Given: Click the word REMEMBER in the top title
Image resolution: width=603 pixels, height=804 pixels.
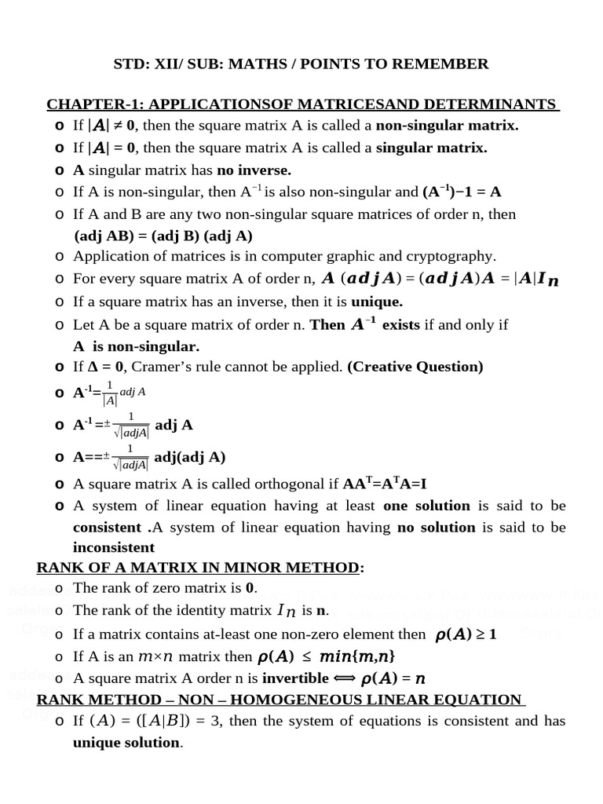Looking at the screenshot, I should click(x=443, y=64).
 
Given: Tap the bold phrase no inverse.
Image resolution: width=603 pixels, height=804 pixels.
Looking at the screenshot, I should click(x=254, y=170).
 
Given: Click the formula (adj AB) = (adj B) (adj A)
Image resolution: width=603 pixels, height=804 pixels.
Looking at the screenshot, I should click(x=163, y=236).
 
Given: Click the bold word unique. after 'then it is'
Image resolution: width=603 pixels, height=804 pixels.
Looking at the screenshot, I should click(x=377, y=301).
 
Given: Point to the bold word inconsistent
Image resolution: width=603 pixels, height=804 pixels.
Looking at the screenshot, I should click(x=114, y=547).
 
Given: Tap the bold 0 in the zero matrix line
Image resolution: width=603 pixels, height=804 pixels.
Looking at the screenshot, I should click(x=250, y=588).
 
